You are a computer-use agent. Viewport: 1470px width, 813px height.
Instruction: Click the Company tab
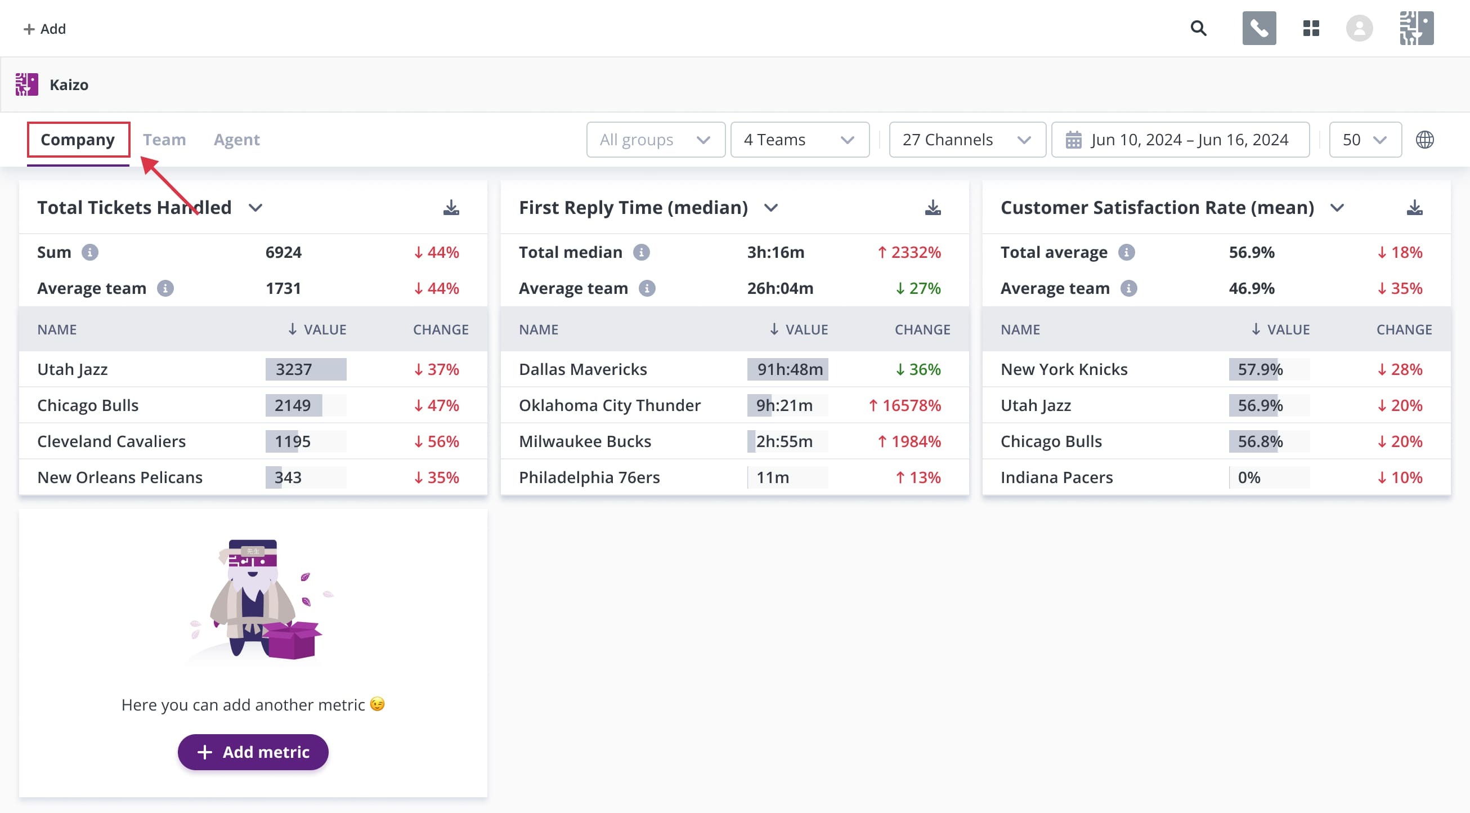tap(78, 139)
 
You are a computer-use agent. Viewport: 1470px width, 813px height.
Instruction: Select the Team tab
tap(164, 139)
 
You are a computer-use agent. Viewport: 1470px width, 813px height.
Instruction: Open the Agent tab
tap(236, 139)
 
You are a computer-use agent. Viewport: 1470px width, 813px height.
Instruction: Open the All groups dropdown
tap(655, 139)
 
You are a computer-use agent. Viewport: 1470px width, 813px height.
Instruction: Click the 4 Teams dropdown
tap(799, 139)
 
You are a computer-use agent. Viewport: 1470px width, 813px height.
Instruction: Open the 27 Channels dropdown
tap(967, 139)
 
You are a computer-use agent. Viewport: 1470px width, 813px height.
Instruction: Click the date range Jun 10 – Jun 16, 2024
tap(1180, 139)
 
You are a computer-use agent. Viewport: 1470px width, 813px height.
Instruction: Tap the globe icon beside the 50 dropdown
tap(1424, 139)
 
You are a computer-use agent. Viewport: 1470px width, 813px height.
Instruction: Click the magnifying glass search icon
tap(1198, 28)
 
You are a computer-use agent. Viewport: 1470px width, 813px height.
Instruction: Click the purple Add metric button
tap(253, 752)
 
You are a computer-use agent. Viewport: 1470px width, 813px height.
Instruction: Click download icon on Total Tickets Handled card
tap(451, 207)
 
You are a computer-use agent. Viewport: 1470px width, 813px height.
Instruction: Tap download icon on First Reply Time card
tap(933, 207)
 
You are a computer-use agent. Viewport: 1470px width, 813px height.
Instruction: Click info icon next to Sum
tap(89, 252)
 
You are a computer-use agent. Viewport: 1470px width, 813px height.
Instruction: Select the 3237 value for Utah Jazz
tap(294, 369)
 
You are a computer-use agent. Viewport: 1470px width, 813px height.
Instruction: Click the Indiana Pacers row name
tap(1056, 477)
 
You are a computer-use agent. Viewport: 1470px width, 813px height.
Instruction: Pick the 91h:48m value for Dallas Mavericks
tap(790, 369)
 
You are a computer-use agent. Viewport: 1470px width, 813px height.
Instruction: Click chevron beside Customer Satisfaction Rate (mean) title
tap(1337, 207)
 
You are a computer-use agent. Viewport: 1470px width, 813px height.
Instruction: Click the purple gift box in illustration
tap(293, 640)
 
